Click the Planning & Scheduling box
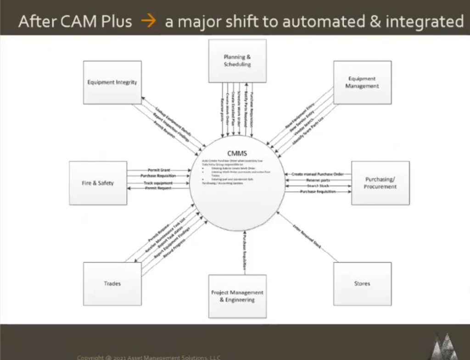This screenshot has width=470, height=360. pos(237,61)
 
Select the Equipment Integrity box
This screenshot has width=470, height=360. pos(112,83)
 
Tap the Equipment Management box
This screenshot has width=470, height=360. pos(362,83)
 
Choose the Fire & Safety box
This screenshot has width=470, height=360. pos(97,183)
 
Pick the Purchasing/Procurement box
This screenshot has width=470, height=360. pos(380,183)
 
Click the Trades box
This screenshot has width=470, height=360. pos(112,283)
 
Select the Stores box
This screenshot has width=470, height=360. pos(362,283)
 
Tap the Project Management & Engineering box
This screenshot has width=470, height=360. pos(237,296)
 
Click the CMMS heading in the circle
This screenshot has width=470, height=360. pos(237,153)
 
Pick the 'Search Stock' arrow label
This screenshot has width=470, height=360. pos(318,186)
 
